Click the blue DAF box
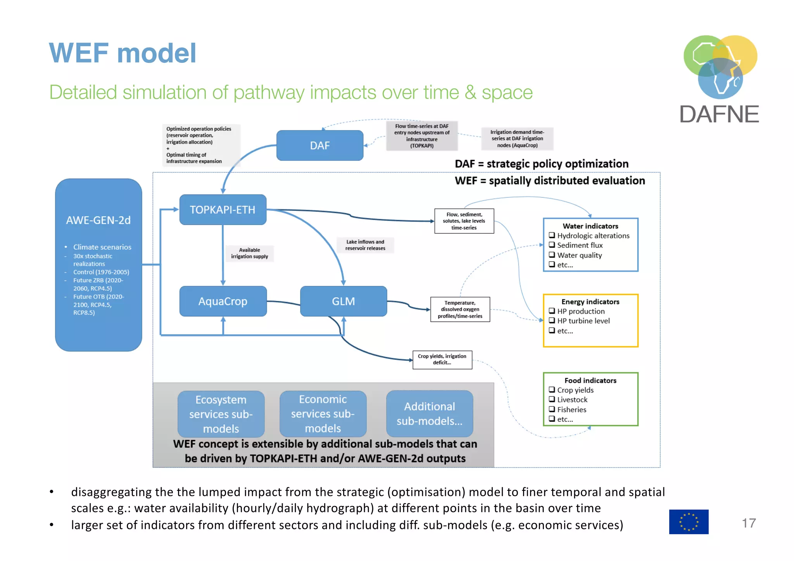pos(319,145)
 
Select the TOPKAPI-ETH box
pos(223,210)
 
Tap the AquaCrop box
pos(223,301)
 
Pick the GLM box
pos(343,301)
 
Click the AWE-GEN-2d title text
pos(98,220)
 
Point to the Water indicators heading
pos(590,226)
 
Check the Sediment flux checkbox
pos(552,245)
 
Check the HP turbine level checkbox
pos(552,321)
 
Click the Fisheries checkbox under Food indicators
pos(552,409)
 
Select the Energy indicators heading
pos(590,302)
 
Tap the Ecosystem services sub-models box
pos(221,414)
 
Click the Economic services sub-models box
pos(323,414)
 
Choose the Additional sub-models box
pos(430,414)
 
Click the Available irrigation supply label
pos(249,253)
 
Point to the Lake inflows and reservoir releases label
pos(365,245)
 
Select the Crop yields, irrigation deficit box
pos(442,359)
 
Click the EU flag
pos(689,521)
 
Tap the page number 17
pos(749,523)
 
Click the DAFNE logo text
pos(719,114)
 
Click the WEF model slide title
pos(123,53)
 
